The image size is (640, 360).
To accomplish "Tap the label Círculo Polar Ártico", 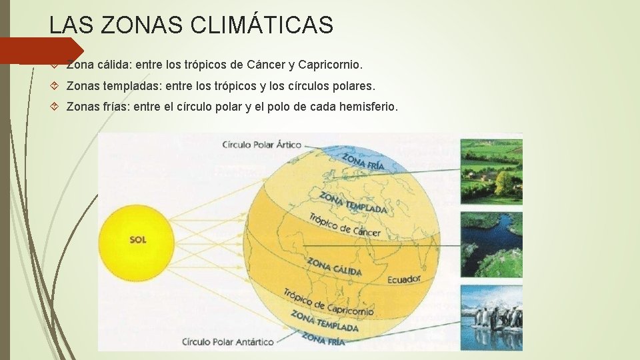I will point(261,144).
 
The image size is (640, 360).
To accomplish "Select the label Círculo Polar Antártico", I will point(228,342).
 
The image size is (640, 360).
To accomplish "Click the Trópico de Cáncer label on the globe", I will point(345,225).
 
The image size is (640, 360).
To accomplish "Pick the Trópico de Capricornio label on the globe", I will point(328,302).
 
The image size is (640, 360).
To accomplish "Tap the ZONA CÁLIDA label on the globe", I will point(334,267).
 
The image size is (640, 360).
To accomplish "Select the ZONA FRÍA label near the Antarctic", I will point(323,338).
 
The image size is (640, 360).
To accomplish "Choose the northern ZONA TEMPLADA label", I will point(353,203).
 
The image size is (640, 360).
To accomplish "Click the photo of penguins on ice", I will point(491,317).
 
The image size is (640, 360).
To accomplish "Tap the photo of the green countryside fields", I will point(491,169).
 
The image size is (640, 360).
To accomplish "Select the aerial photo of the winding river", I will point(491,243).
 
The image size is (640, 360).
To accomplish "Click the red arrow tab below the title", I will point(40,51).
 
